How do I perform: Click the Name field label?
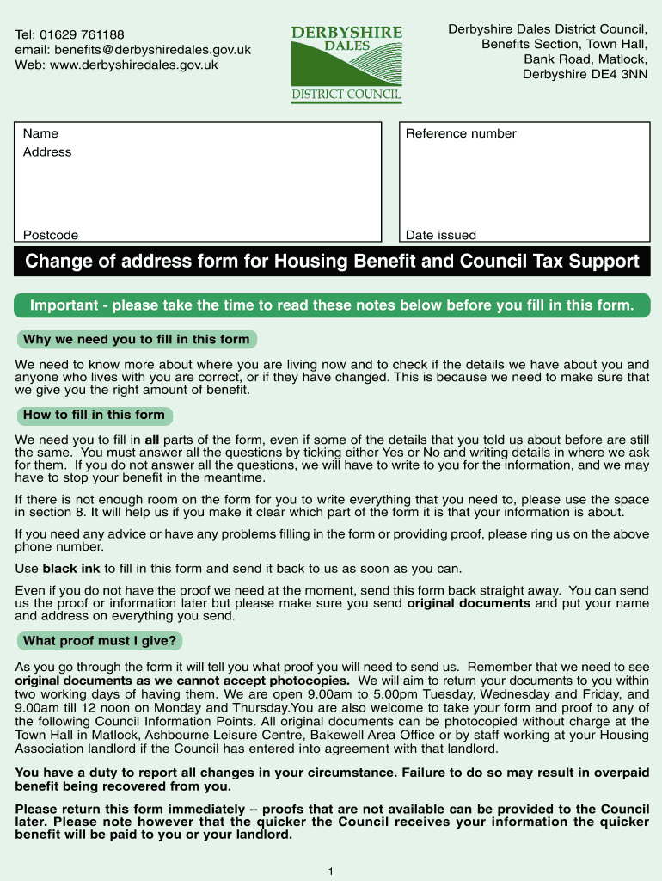pyautogui.click(x=40, y=133)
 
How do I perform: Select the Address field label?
pyautogui.click(x=47, y=152)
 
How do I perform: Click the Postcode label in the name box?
pyautogui.click(x=50, y=235)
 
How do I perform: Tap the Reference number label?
pyautogui.click(x=461, y=133)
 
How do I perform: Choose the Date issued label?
pyautogui.click(x=440, y=235)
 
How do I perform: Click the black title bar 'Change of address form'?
pyautogui.click(x=332, y=261)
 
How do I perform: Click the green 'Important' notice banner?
pyautogui.click(x=332, y=305)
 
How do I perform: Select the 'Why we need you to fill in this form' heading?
pyautogui.click(x=136, y=339)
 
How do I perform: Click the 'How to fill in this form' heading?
pyautogui.click(x=94, y=415)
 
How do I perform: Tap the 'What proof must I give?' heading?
pyautogui.click(x=99, y=640)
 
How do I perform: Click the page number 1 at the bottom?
pyautogui.click(x=331, y=872)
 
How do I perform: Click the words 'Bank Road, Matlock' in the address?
pyautogui.click(x=585, y=59)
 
